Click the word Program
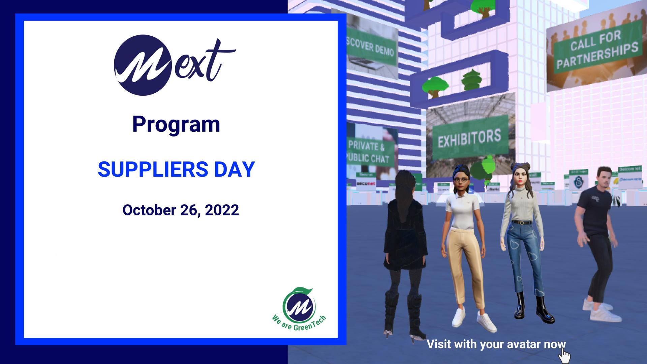[176, 124]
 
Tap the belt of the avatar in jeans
[522, 222]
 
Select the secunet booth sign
[366, 184]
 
